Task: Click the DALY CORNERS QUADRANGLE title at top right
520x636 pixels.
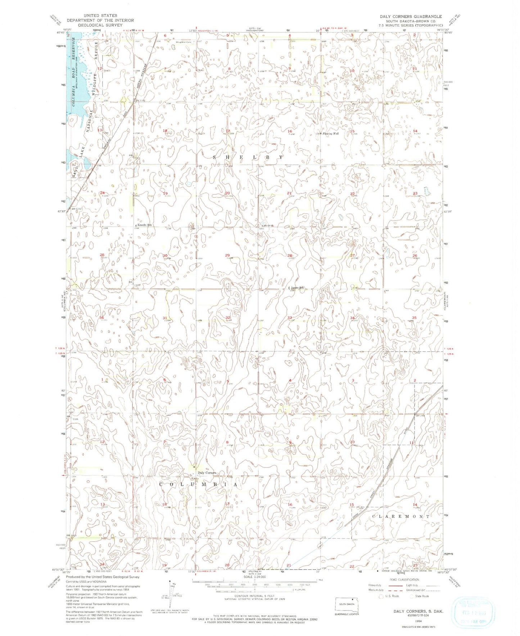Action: [411, 17]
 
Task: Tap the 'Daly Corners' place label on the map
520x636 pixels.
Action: [206, 473]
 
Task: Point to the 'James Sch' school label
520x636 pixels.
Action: [297, 288]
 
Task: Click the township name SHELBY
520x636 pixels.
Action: [248, 157]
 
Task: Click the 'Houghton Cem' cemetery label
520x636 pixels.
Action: [183, 42]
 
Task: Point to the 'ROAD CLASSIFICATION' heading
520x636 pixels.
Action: [404, 579]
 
